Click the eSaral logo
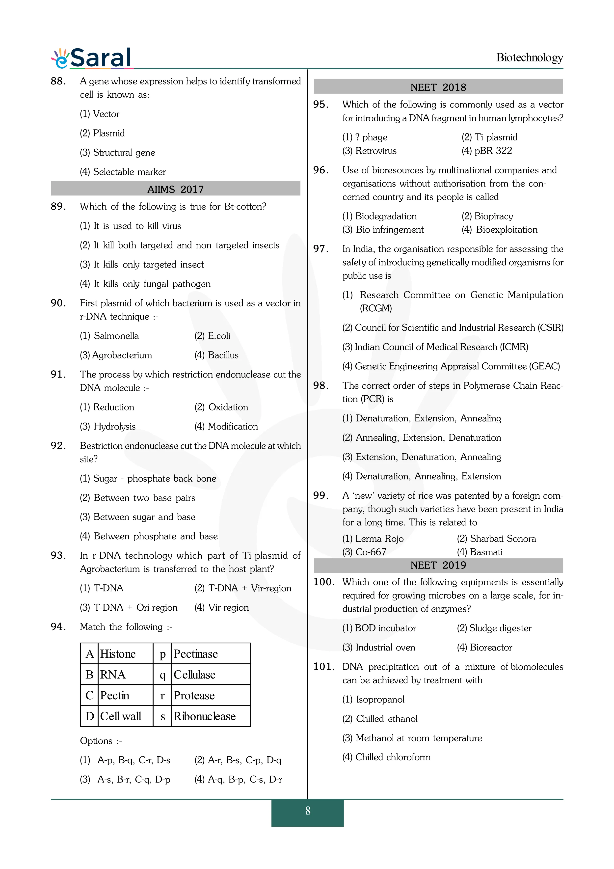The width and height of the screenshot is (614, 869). [x=92, y=58]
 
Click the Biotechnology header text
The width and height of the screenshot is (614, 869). [x=529, y=57]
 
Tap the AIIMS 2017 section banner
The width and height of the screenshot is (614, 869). [x=176, y=189]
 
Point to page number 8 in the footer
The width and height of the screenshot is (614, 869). [x=308, y=811]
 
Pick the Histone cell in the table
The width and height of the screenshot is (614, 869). [x=118, y=654]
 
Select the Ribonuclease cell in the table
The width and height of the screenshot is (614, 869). [x=205, y=716]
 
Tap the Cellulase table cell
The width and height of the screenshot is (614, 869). [x=194, y=675]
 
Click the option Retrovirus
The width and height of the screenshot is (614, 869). [x=376, y=151]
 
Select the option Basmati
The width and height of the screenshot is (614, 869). [x=486, y=552]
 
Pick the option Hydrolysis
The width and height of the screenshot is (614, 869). [x=114, y=427]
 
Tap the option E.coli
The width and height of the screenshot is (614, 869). [x=219, y=336]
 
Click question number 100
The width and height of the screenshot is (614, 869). [x=324, y=582]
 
